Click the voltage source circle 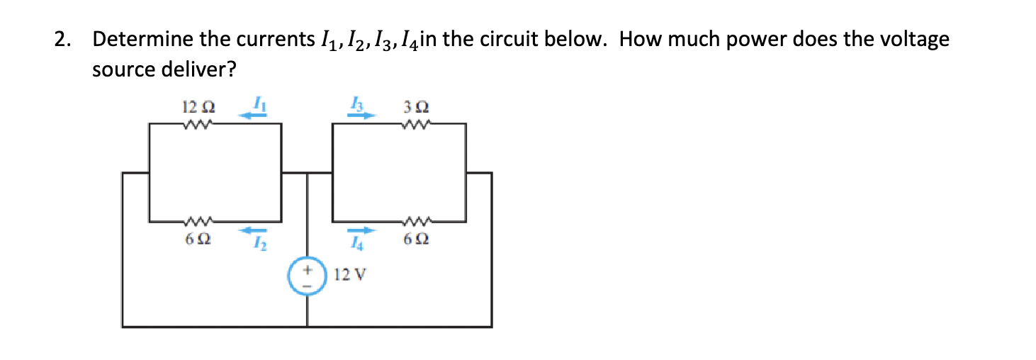(307, 274)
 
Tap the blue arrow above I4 (360, 230)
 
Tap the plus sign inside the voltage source (306, 270)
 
